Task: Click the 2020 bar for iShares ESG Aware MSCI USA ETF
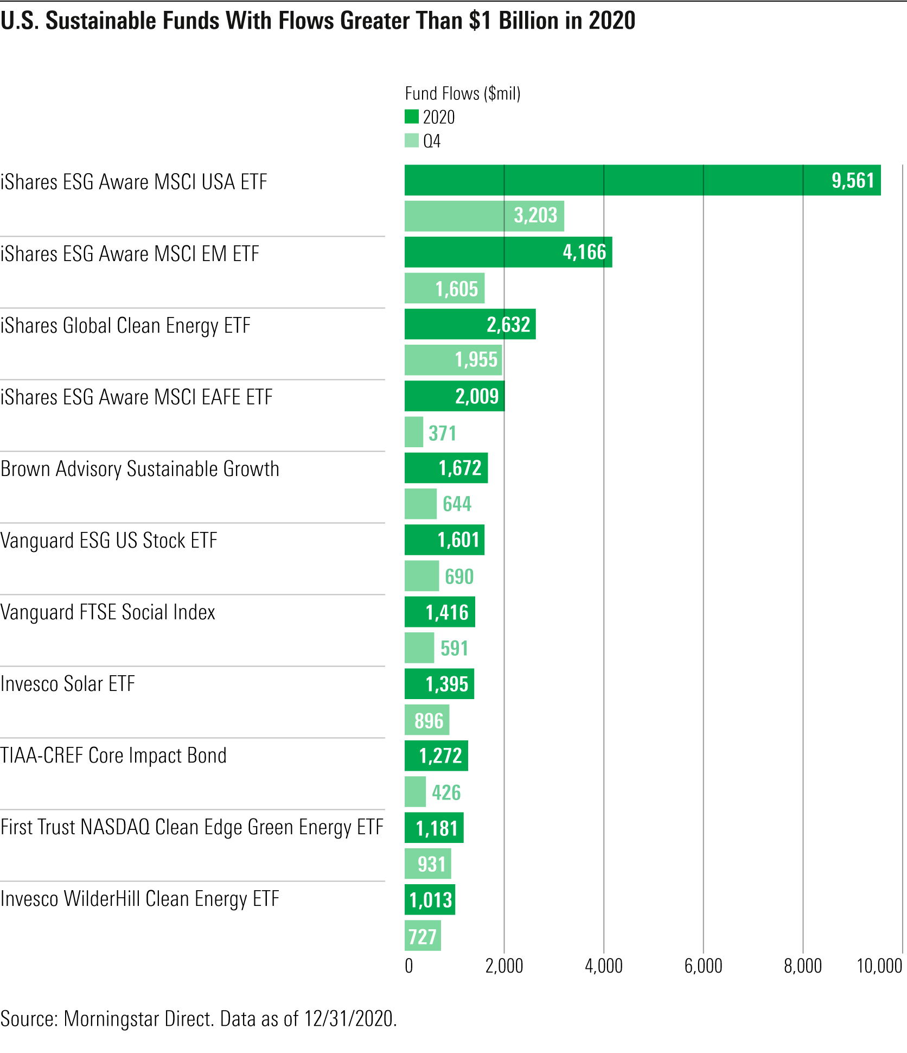pos(642,180)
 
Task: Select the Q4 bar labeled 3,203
pos(484,216)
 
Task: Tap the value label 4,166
pos(584,252)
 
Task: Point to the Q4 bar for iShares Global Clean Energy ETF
pos(453,360)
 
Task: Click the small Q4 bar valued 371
pos(414,432)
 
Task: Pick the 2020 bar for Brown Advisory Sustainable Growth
pos(446,468)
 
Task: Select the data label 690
pos(459,576)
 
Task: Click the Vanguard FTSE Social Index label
pos(108,612)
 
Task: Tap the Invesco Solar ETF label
pos(68,684)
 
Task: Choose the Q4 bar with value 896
pos(427,720)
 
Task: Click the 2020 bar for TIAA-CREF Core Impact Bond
pos(436,756)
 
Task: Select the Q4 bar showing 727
pos(423,936)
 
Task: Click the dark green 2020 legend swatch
pos(412,117)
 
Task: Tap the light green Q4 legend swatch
pos(412,141)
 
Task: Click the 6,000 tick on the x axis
pos(703,966)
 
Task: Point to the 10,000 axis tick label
pos(879,966)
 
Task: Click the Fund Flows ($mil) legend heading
pos(463,93)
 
